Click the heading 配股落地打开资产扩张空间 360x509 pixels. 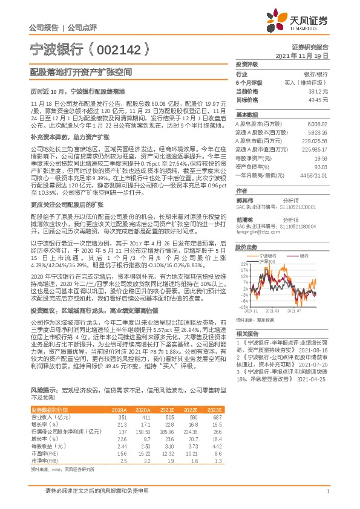81,71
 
